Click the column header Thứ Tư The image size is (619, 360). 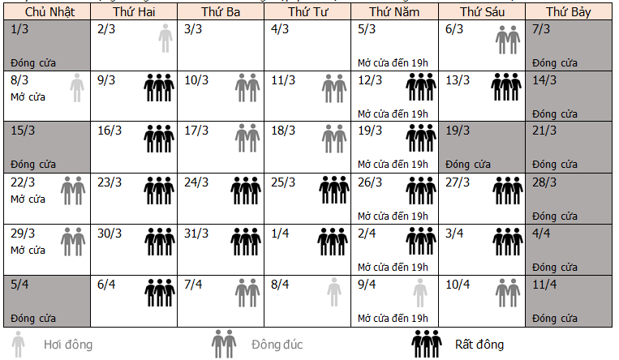pyautogui.click(x=307, y=13)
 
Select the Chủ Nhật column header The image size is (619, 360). pyautogui.click(x=45, y=13)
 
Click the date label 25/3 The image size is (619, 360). pyautogui.click(x=282, y=182)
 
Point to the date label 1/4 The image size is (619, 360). pyautogui.click(x=280, y=233)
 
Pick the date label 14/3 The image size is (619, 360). pyautogui.click(x=544, y=79)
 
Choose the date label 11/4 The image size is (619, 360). pyautogui.click(x=544, y=284)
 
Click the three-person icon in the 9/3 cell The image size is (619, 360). pyautogui.click(x=159, y=87)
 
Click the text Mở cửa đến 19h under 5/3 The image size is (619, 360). pyautogui.click(x=393, y=62)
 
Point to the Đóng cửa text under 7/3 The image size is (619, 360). pyautogui.click(x=556, y=62)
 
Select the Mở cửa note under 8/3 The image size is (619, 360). pyautogui.click(x=28, y=96)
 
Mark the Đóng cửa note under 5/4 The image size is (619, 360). pyautogui.click(x=33, y=317)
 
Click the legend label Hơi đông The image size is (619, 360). pyautogui.click(x=68, y=345)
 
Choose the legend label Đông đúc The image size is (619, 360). pyautogui.click(x=277, y=345)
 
